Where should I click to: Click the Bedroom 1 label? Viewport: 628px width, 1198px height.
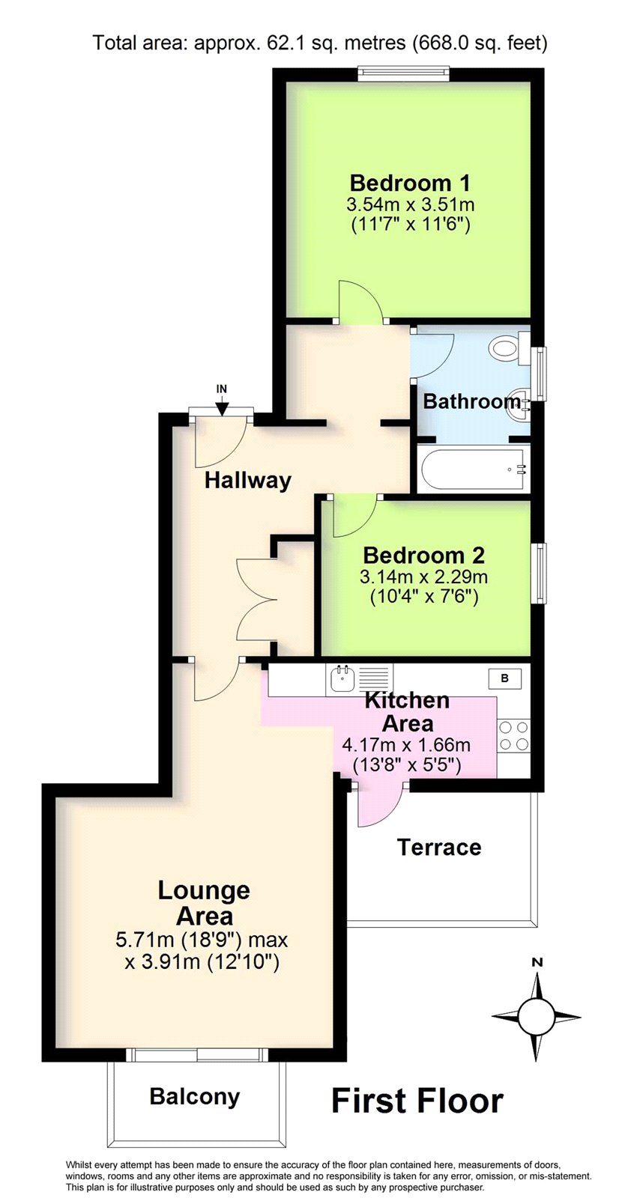click(x=410, y=183)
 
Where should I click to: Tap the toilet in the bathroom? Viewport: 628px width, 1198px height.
click(x=508, y=347)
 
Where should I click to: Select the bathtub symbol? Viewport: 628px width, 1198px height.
click(x=473, y=470)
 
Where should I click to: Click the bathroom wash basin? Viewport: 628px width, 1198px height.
click(x=519, y=407)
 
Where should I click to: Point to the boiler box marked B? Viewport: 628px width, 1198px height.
click(x=504, y=678)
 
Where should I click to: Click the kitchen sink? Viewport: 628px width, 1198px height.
click(x=342, y=679)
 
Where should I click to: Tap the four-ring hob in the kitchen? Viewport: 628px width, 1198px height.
click(x=514, y=735)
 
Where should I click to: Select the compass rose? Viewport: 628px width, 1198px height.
click(x=537, y=1016)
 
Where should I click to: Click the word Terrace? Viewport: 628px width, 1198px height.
click(x=439, y=847)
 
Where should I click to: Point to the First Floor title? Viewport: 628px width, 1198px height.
click(x=417, y=1101)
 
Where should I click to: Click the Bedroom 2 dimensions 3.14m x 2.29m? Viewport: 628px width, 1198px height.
click(x=424, y=577)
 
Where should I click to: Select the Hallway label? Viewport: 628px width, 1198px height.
click(x=248, y=480)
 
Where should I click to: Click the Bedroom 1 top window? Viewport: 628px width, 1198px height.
click(x=402, y=73)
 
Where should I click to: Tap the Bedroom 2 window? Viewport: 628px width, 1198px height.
click(x=540, y=574)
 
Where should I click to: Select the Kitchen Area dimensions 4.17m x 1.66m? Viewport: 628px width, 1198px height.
click(x=406, y=744)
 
